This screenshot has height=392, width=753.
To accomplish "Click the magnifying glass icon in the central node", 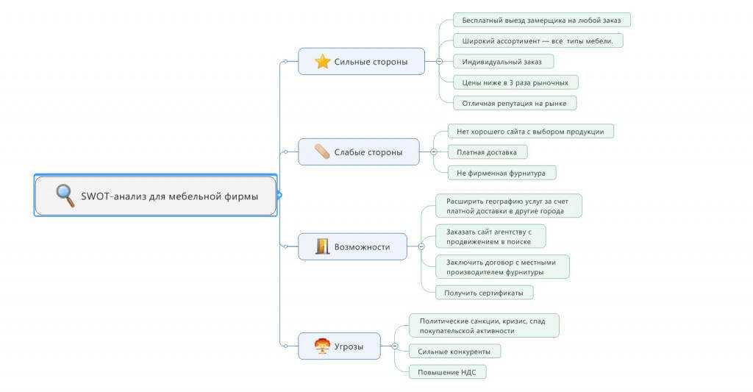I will tap(65, 196).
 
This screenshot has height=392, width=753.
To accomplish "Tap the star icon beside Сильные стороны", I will tap(322, 62).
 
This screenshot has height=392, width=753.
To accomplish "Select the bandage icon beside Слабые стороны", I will tap(322, 152).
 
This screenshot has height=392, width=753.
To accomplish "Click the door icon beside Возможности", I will tap(322, 246).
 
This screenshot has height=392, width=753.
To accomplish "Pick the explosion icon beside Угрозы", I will tap(322, 346).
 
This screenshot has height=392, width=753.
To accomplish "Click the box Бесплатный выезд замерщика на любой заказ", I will tap(541, 20).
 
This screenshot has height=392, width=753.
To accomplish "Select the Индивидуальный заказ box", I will tap(503, 61).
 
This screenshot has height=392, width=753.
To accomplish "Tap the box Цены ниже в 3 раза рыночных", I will tap(515, 82).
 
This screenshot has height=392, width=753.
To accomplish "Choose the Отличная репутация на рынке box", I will tap(514, 103).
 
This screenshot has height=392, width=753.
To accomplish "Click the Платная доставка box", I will tap(487, 152).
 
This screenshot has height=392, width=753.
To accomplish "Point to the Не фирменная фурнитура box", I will tap(502, 173).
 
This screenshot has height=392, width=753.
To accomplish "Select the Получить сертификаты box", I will tap(484, 292).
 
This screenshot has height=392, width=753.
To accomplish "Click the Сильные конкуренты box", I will tap(454, 352).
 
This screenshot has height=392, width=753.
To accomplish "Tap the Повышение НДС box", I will tap(447, 372).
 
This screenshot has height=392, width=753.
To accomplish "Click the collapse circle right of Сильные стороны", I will tap(439, 62).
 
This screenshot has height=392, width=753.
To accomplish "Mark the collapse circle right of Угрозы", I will tap(395, 346).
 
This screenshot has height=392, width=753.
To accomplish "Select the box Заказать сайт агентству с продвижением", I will tap(490, 236).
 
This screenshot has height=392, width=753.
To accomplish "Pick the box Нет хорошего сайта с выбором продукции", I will tap(530, 131).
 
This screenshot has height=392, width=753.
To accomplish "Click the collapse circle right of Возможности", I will tap(421, 246).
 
